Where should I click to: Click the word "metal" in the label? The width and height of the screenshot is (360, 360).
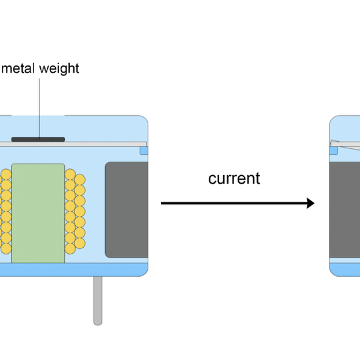click(x=18, y=68)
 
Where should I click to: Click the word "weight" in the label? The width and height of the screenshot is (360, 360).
click(x=59, y=68)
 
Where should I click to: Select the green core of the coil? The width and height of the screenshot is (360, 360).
click(x=38, y=212)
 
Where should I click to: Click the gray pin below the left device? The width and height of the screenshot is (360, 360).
click(x=98, y=300)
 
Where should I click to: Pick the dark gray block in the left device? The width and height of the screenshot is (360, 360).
click(x=127, y=209)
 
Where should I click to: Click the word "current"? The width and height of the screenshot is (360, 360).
click(x=234, y=178)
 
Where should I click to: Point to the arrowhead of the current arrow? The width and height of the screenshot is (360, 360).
click(x=310, y=203)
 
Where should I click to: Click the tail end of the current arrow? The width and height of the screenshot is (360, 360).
click(x=163, y=203)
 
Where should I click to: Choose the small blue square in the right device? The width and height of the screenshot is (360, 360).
click(x=334, y=151)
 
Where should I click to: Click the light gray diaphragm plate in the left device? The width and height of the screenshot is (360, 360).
click(x=90, y=144)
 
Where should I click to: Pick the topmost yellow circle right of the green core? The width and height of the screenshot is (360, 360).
click(x=70, y=175)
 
